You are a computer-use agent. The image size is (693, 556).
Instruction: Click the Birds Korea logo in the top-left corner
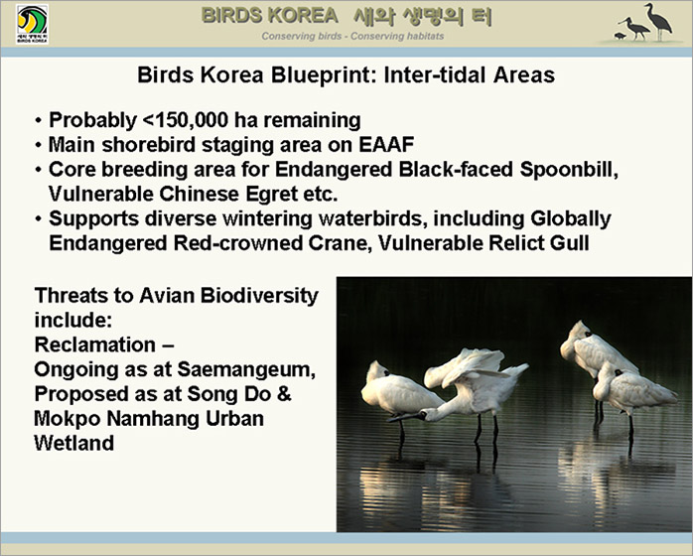point(32,24)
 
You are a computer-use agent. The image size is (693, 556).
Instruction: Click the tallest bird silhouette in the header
point(658,22)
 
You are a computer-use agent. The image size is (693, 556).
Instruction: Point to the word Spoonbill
point(569,170)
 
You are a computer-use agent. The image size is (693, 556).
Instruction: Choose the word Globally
point(571,218)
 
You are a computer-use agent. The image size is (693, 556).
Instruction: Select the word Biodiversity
point(259,296)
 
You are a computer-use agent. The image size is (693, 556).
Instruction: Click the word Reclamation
point(95,345)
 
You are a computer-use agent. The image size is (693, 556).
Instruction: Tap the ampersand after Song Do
point(284,394)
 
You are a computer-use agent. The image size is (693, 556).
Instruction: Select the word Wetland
point(74,443)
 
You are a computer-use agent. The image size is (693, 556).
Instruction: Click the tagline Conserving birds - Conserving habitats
point(352,37)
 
